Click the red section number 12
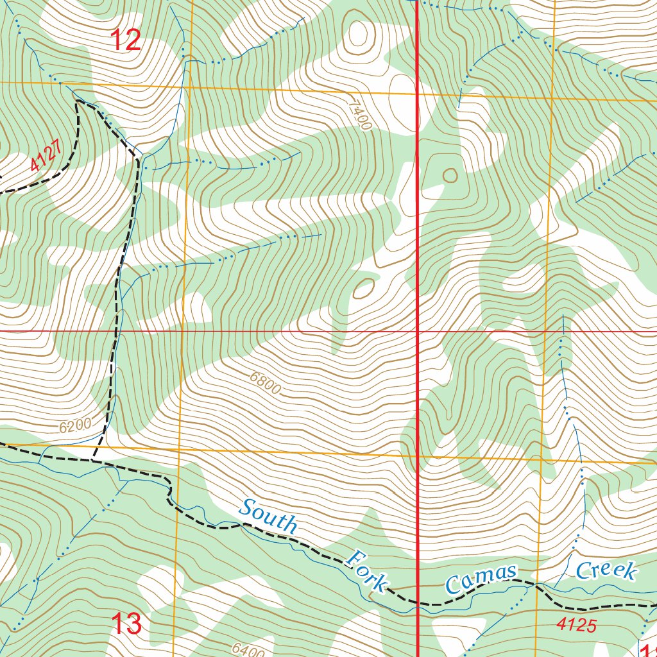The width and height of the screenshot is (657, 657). click(126, 41)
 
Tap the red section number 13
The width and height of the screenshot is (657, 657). click(126, 624)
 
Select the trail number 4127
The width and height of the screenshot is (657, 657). click(47, 156)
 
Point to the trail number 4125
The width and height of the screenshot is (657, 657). click(576, 624)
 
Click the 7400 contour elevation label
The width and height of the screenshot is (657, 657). click(361, 114)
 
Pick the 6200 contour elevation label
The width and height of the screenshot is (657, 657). click(75, 425)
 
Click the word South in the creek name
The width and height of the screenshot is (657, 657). click(269, 516)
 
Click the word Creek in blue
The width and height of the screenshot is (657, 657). click(606, 570)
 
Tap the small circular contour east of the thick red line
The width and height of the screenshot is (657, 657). click(450, 175)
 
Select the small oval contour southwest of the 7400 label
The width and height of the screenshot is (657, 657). click(363, 288)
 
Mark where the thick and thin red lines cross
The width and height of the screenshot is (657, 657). click(418, 332)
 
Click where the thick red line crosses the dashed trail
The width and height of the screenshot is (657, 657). click(418, 603)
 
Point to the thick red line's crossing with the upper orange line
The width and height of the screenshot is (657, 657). click(418, 94)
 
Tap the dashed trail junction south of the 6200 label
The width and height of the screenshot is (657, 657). click(94, 460)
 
